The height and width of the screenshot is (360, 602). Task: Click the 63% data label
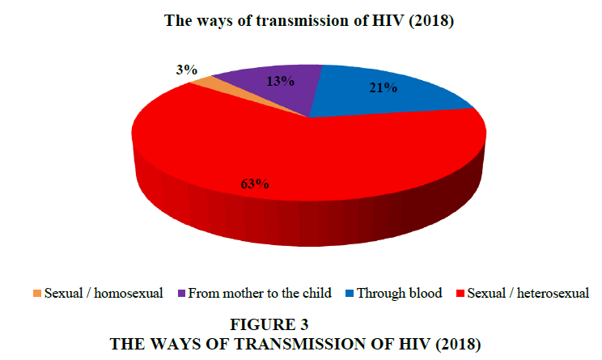[x=255, y=184]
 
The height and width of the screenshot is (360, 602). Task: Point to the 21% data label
[x=384, y=88]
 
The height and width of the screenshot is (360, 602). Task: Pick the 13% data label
[x=280, y=81]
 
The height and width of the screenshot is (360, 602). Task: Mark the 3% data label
[x=187, y=70]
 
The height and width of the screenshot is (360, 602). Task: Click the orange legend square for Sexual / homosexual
[x=37, y=293]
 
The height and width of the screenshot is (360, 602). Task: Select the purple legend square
[x=181, y=293]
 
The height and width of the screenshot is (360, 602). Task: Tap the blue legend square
[x=350, y=293]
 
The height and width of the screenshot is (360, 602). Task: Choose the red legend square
[x=460, y=293]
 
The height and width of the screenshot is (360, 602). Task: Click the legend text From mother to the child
[x=260, y=293]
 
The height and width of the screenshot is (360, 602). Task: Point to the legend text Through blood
[x=400, y=293]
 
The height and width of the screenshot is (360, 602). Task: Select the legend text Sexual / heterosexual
[x=528, y=293]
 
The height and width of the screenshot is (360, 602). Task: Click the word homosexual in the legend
[x=128, y=293]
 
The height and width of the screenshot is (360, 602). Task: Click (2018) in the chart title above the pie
[x=431, y=21]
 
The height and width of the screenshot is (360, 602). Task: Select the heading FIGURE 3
[x=269, y=324]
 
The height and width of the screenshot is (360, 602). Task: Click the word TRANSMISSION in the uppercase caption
[x=301, y=344]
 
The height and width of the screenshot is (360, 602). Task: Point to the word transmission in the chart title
[x=303, y=21]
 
